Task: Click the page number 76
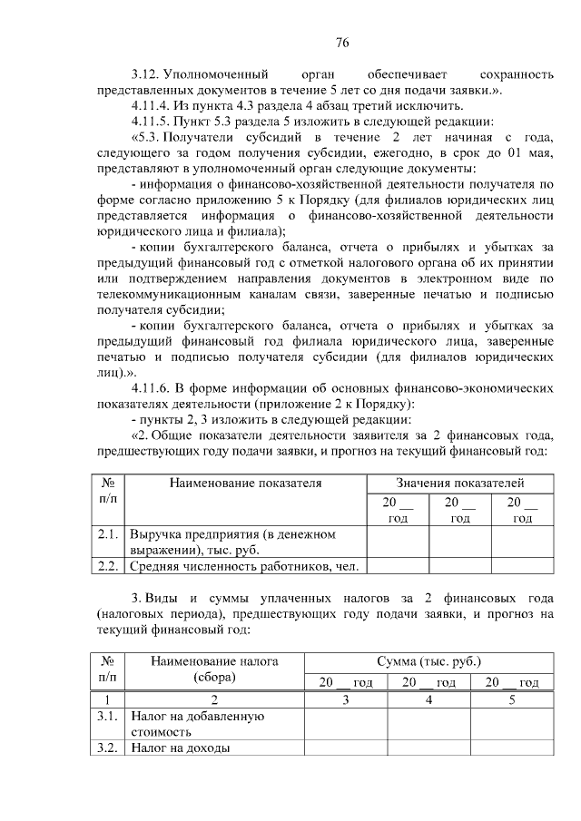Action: pyautogui.click(x=342, y=42)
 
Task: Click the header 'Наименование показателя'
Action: pyautogui.click(x=245, y=484)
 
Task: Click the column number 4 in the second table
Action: pyautogui.click(x=428, y=700)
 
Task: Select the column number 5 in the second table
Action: pyautogui.click(x=510, y=700)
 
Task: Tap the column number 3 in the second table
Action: pyautogui.click(x=345, y=700)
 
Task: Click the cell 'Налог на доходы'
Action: pyautogui.click(x=179, y=748)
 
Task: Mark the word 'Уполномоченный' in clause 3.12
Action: pyautogui.click(x=223, y=73)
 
